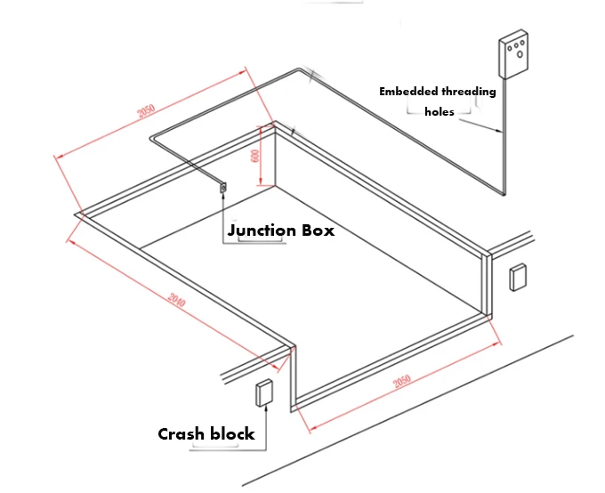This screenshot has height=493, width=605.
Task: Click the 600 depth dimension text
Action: click(x=255, y=153)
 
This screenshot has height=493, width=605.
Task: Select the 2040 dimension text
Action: click(x=176, y=303)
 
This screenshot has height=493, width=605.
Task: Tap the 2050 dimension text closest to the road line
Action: click(x=402, y=382)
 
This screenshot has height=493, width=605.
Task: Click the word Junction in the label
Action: click(x=262, y=230)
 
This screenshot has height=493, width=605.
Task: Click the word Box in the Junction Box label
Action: click(x=317, y=230)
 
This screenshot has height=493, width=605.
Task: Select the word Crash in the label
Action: click(x=181, y=434)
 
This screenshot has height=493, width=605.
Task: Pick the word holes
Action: click(x=440, y=112)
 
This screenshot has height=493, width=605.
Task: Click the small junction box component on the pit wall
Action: click(x=222, y=187)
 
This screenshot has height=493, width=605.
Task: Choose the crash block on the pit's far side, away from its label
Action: click(x=518, y=278)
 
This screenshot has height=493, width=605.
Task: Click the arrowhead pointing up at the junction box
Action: click(x=222, y=197)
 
